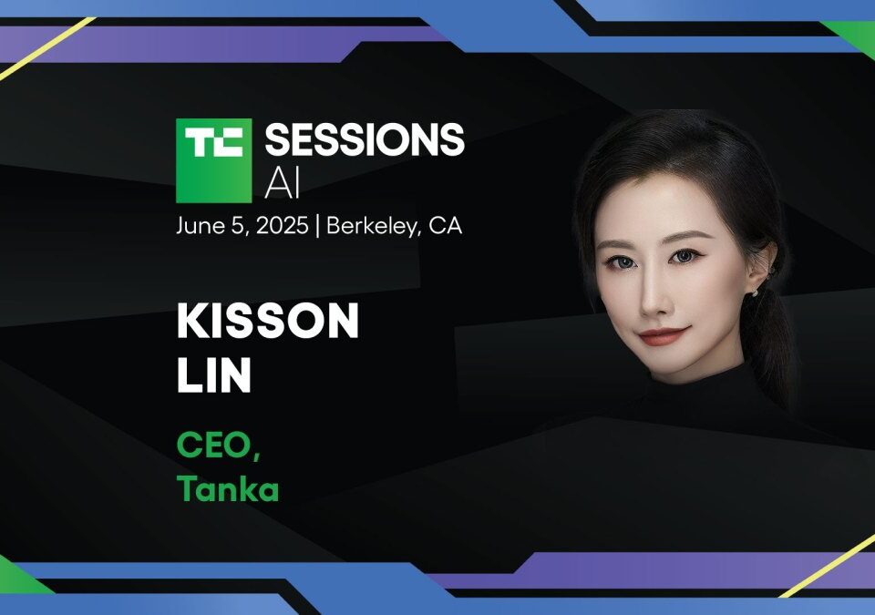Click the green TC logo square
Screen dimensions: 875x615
(213, 160)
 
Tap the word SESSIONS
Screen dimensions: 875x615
(365, 139)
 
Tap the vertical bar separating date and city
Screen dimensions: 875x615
(317, 226)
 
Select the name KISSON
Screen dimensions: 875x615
(268, 322)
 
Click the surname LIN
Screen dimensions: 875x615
(214, 375)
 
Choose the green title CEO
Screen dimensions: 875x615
(219, 446)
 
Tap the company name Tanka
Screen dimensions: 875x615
(228, 489)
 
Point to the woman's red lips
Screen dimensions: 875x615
(664, 336)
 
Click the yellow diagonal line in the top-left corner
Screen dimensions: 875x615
(47, 48)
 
